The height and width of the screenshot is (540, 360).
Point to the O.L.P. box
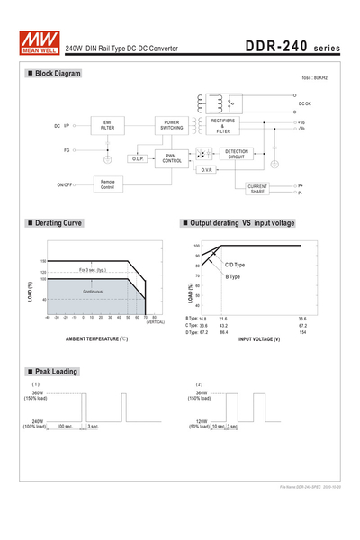pos(138,159)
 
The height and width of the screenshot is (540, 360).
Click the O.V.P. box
pos(205,169)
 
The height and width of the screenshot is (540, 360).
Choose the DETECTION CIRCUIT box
pos(236,154)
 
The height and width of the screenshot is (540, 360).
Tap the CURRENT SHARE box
pos(257,188)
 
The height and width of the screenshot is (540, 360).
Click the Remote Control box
pos(107,184)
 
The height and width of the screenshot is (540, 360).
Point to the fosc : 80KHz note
pos(302,79)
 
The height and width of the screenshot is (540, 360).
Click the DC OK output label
pos(305,103)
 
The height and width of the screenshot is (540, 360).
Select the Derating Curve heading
pos(56,222)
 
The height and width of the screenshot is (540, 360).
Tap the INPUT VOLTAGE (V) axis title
pos(259,338)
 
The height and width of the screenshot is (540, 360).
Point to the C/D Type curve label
pos(235,265)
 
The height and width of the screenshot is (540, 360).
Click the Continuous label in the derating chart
pos(94,292)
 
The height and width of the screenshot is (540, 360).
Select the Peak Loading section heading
pos(52,371)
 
